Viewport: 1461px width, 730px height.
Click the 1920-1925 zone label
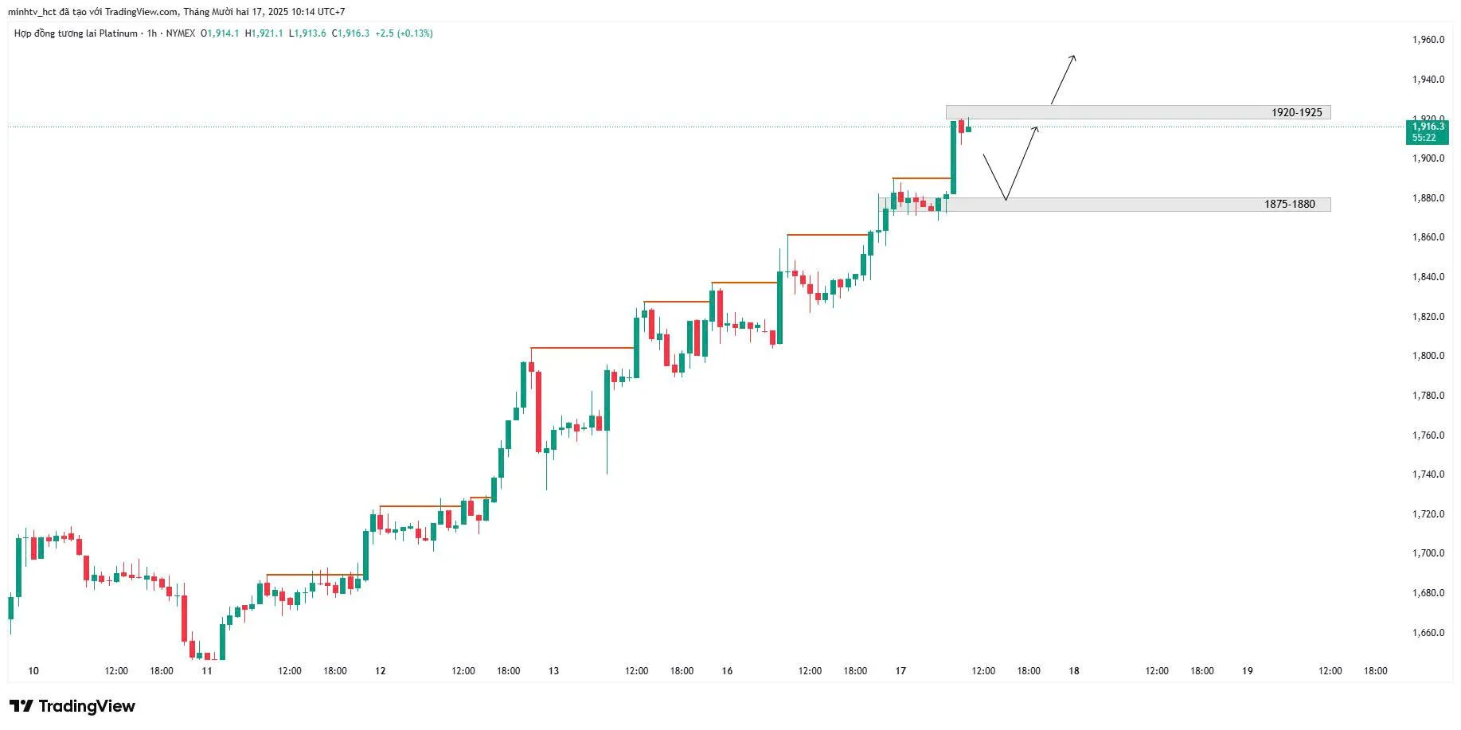click(1296, 112)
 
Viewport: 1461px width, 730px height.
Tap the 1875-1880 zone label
click(1289, 205)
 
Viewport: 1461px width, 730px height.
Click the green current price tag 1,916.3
click(1428, 127)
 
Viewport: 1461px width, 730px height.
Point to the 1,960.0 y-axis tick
click(1428, 40)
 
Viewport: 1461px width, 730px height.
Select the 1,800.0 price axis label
click(1428, 356)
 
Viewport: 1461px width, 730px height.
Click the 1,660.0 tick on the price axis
click(1428, 633)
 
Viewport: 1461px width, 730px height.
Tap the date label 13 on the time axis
click(553, 671)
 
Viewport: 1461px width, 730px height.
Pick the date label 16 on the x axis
click(727, 671)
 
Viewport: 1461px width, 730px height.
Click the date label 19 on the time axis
click(1248, 671)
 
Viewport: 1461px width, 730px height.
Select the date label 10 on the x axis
click(33, 671)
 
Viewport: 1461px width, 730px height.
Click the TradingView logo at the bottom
click(72, 706)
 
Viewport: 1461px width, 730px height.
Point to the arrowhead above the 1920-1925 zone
click(1074, 57)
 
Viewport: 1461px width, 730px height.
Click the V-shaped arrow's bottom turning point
click(1006, 199)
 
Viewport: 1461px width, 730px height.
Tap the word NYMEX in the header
click(180, 33)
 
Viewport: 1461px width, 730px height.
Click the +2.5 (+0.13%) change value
click(404, 33)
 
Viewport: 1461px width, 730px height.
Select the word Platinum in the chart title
click(119, 33)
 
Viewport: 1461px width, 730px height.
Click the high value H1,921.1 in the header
click(264, 33)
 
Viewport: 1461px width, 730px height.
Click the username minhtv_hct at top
click(33, 12)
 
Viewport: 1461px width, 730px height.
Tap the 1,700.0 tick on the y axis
click(1428, 553)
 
